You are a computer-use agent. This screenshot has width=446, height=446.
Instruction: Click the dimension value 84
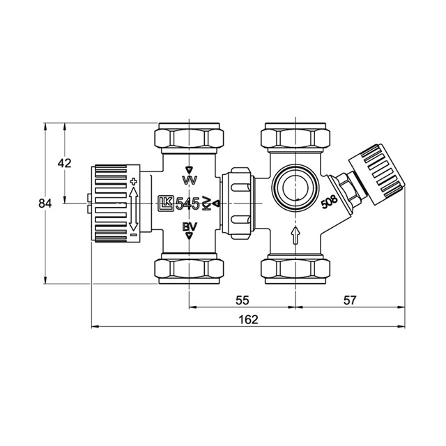pyautogui.click(x=45, y=203)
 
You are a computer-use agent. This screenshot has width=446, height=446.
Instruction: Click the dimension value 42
pyautogui.click(x=65, y=163)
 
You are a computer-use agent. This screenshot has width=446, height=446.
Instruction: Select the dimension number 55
pyautogui.click(x=243, y=300)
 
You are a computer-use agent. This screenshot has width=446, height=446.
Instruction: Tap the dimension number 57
pyautogui.click(x=350, y=300)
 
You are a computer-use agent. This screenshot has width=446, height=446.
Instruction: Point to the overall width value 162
pyautogui.click(x=248, y=319)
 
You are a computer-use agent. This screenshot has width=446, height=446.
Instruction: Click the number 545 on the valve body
pyautogui.click(x=187, y=203)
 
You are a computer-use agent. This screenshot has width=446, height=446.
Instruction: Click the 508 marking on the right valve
pyautogui.click(x=329, y=201)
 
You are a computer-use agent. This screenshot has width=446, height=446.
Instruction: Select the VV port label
pyautogui.click(x=190, y=180)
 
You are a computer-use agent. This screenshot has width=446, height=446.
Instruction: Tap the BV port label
pyautogui.click(x=190, y=226)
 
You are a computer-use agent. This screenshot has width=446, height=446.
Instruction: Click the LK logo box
pyautogui.click(x=165, y=203)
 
